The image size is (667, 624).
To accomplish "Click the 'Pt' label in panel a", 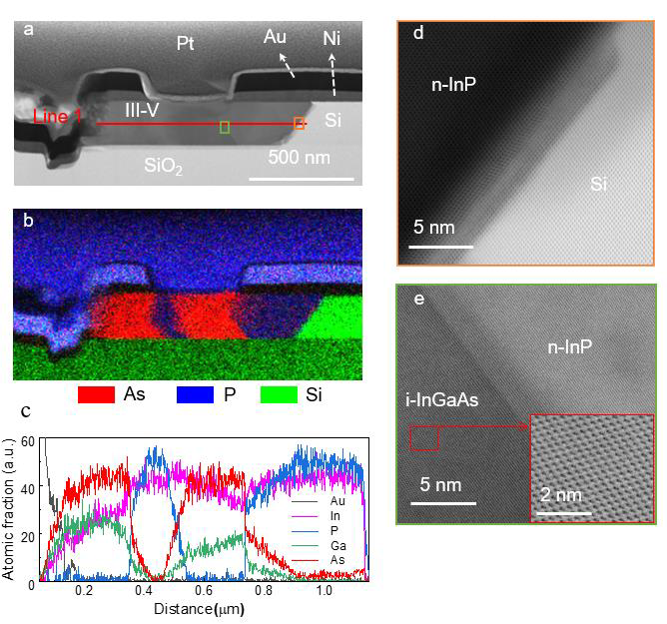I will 187,43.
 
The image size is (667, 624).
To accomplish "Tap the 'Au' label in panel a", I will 276,37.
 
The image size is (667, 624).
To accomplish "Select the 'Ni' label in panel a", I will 333,39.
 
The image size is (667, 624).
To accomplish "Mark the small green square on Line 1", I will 225,126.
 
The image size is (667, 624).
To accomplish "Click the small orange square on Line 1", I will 299,123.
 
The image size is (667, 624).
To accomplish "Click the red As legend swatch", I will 97,394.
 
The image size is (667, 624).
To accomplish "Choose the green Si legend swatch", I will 294,394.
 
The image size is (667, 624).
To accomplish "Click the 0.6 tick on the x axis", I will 204,590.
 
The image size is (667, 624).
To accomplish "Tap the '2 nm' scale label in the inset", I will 561,495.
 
